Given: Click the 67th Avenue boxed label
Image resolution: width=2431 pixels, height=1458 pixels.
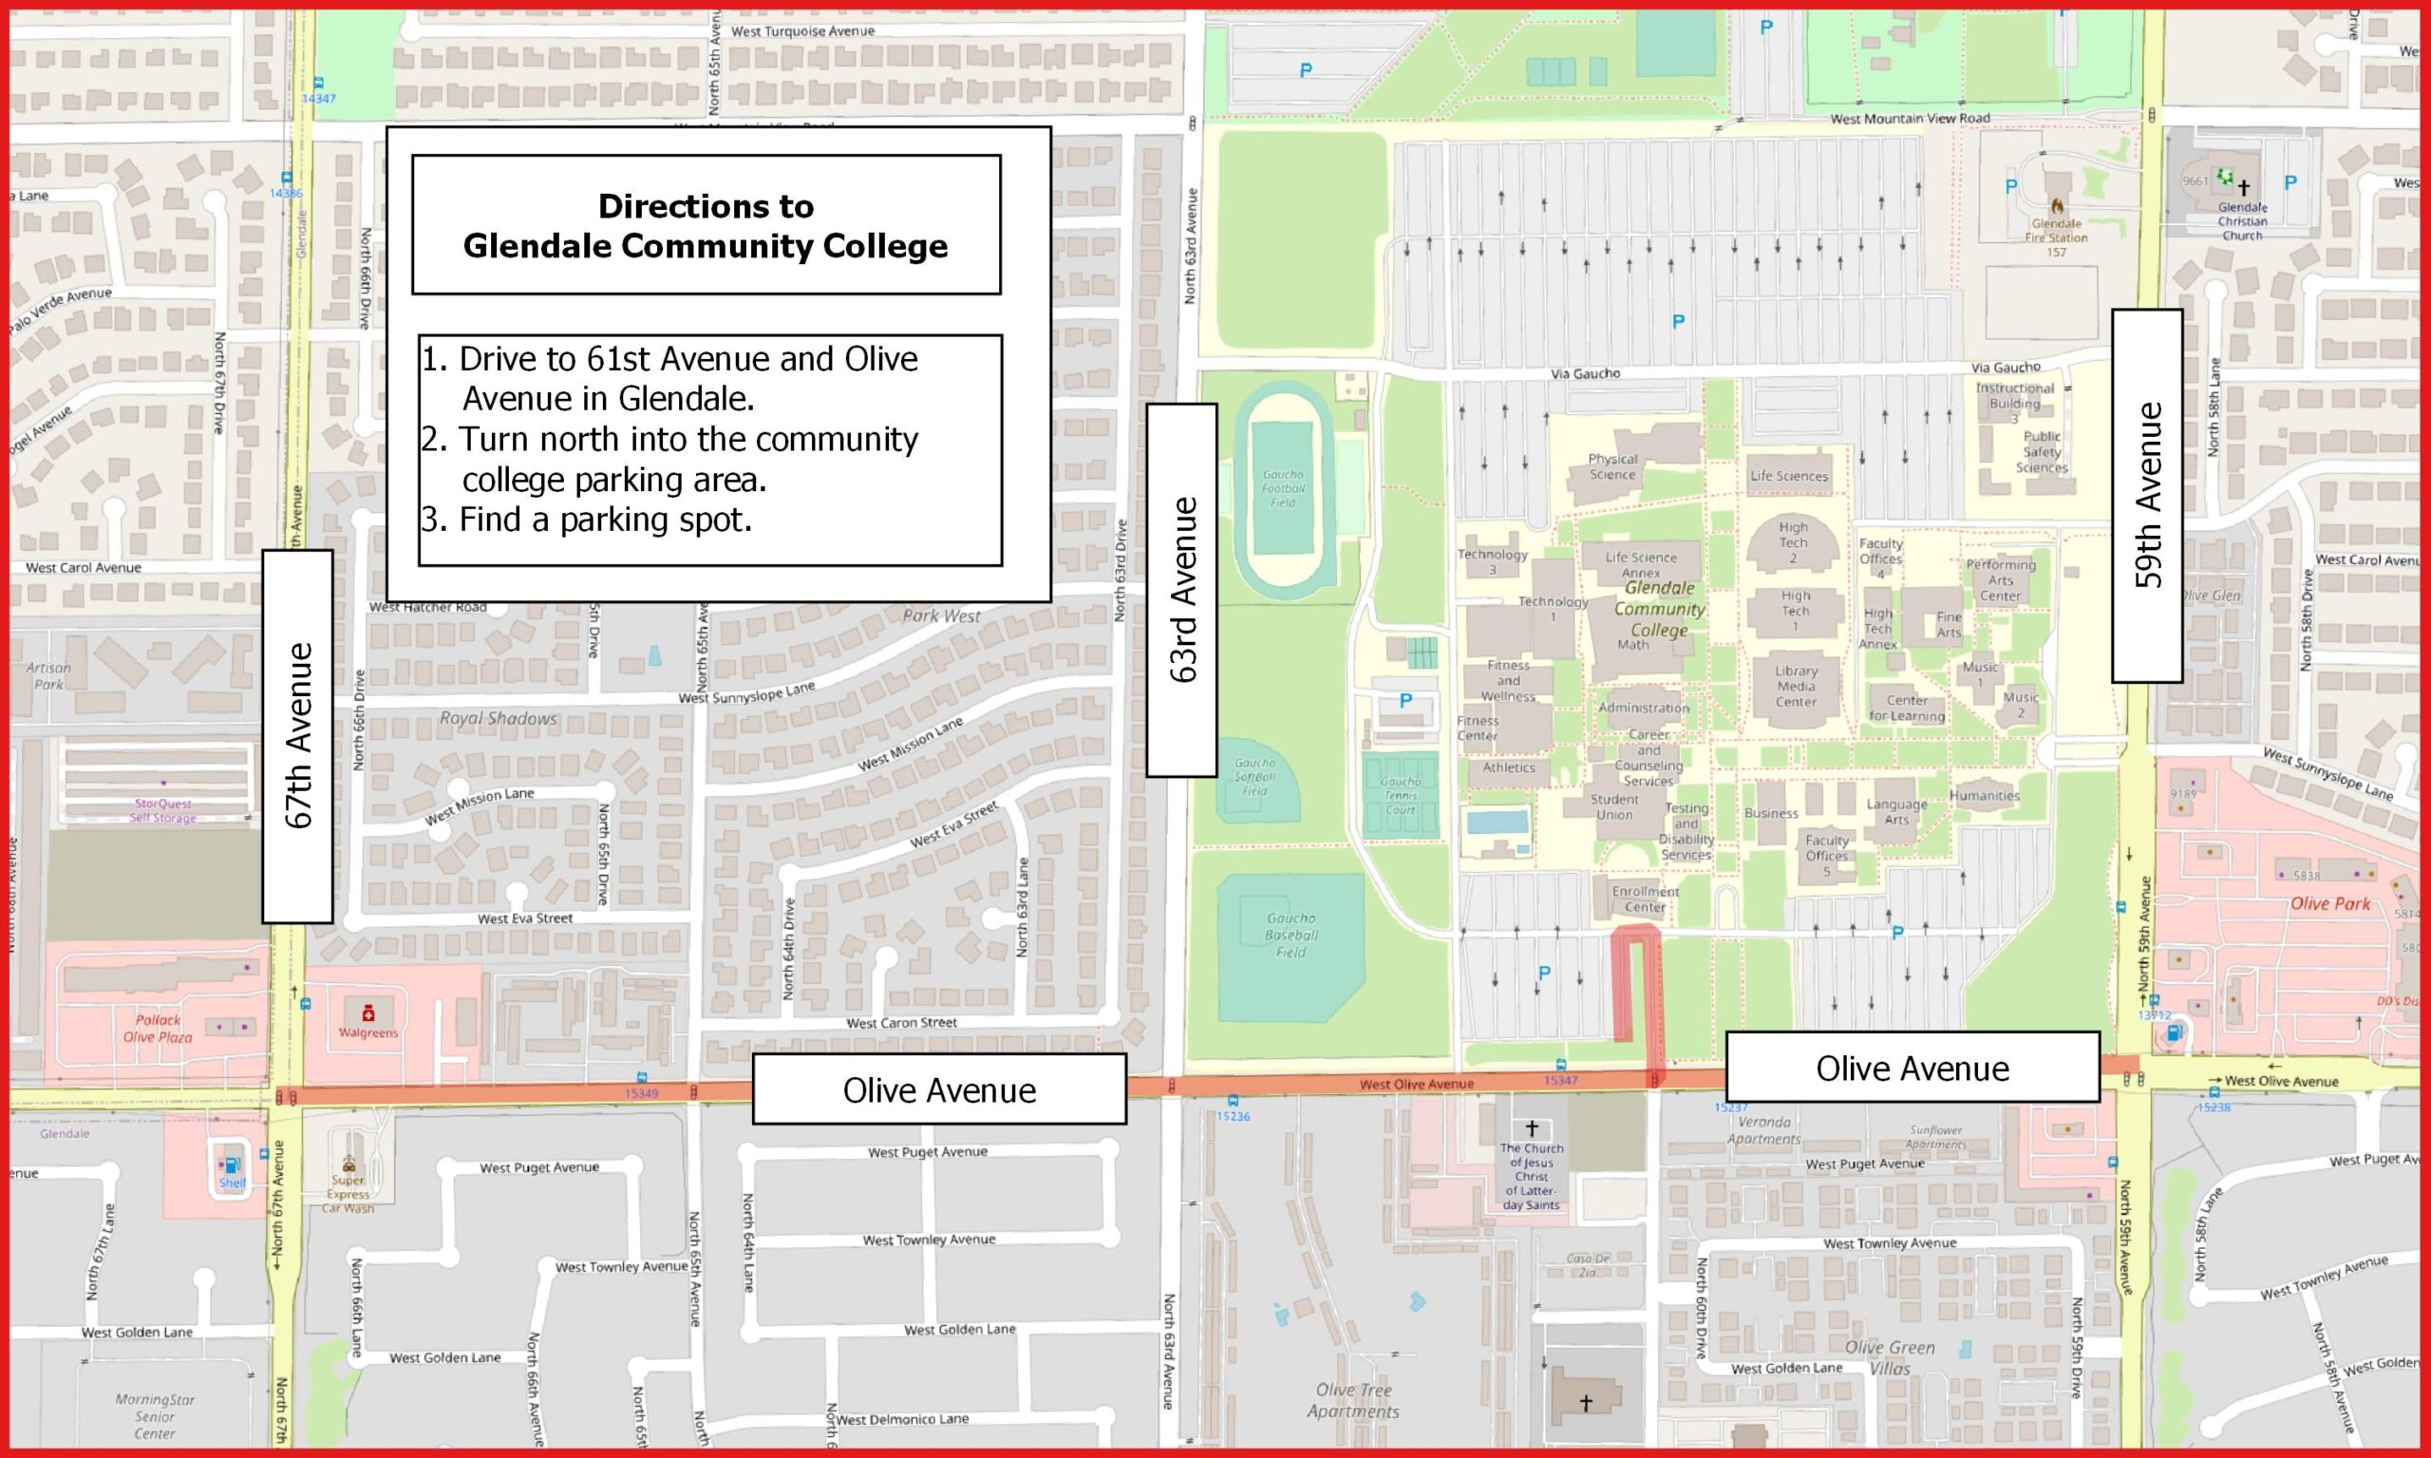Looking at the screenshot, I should click(x=297, y=736).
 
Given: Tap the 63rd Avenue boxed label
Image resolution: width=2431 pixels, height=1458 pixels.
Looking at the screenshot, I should click(x=1181, y=590).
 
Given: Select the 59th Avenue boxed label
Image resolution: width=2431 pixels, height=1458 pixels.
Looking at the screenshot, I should click(x=2147, y=495).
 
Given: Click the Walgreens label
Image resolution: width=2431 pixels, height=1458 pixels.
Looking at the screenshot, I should click(x=368, y=1032).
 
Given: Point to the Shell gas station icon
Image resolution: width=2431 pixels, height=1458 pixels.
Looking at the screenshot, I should click(x=233, y=1166).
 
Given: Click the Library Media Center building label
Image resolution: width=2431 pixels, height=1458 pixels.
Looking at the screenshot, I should click(x=1796, y=686).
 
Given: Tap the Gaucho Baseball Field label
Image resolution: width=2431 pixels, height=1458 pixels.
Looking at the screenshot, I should click(x=1291, y=935).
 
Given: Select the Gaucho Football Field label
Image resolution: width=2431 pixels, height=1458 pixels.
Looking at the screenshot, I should click(x=1283, y=488).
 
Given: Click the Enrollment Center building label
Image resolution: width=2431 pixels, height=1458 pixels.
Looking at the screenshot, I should click(x=1646, y=899).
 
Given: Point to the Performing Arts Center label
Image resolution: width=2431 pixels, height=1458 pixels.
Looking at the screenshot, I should click(x=2001, y=579).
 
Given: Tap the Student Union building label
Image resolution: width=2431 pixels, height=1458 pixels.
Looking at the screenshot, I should click(x=1614, y=806).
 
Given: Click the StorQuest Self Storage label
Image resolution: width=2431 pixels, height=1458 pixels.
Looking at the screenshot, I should click(x=163, y=810).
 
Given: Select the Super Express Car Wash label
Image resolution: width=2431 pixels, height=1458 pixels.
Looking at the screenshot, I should click(x=348, y=1194).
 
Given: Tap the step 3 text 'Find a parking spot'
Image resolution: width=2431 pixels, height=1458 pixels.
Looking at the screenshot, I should click(x=605, y=520).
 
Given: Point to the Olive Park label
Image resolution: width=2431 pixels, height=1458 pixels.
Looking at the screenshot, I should click(x=2329, y=904).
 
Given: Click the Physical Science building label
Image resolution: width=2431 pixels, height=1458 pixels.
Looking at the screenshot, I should click(x=1611, y=466).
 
